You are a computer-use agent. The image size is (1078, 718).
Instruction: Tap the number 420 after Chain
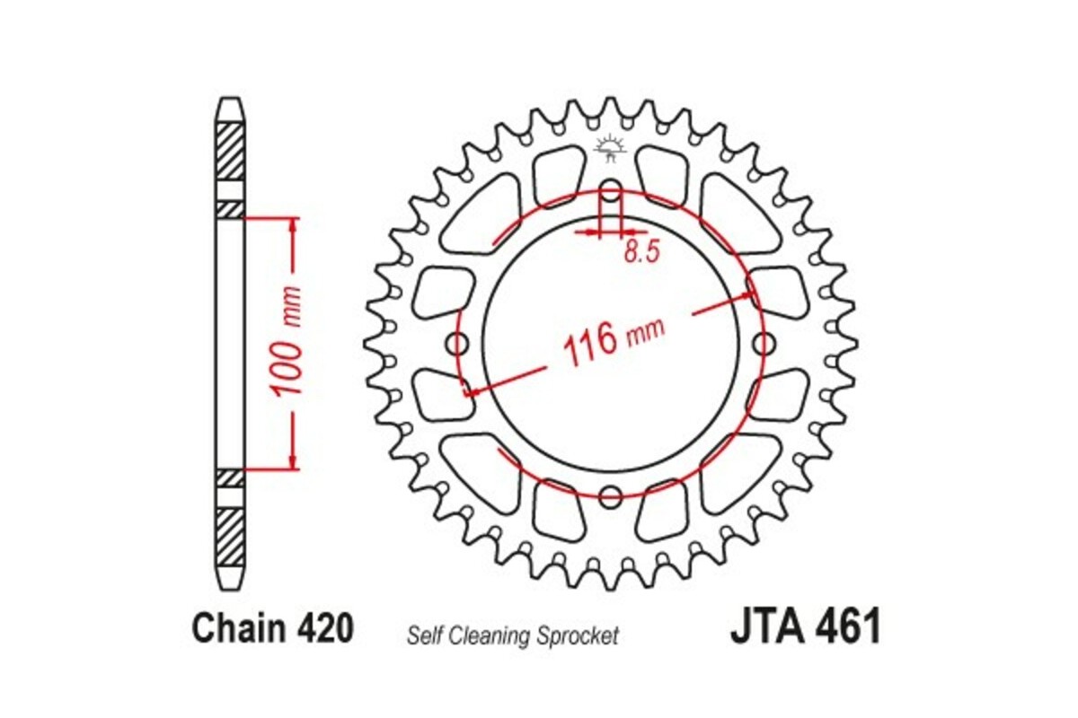323,629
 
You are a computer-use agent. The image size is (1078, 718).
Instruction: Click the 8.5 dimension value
641,253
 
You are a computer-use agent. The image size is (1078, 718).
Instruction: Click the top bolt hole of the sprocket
610,192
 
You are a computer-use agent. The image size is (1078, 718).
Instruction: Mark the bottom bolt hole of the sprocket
611,495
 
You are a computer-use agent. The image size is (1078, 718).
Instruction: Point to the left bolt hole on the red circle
459,343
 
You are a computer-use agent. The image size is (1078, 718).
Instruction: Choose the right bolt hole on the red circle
763,343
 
